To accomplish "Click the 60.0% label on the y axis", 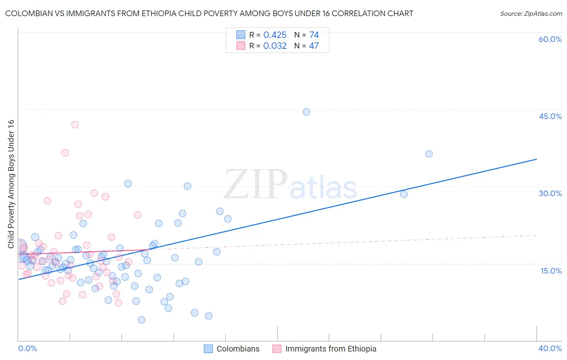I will point(550,39).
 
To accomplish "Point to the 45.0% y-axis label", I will point(550,116).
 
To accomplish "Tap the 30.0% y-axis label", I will point(550,193).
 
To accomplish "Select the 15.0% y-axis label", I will point(551,271).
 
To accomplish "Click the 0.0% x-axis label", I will point(27,348).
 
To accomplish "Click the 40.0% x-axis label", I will point(550,348).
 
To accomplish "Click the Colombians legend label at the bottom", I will point(238,349).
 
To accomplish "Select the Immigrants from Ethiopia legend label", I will point(331,349).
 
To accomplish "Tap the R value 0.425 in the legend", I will point(275,35).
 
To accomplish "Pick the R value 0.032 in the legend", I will point(275,46).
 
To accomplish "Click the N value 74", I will point(314,35).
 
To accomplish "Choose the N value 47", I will point(314,46).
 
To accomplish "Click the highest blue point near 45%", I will point(306,112).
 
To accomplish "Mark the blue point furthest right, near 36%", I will point(429,154).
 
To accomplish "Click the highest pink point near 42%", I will point(75,125).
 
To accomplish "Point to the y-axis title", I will point(11,184).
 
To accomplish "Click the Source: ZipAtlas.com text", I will point(531,14).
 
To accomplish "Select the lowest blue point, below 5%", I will point(142,320).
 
